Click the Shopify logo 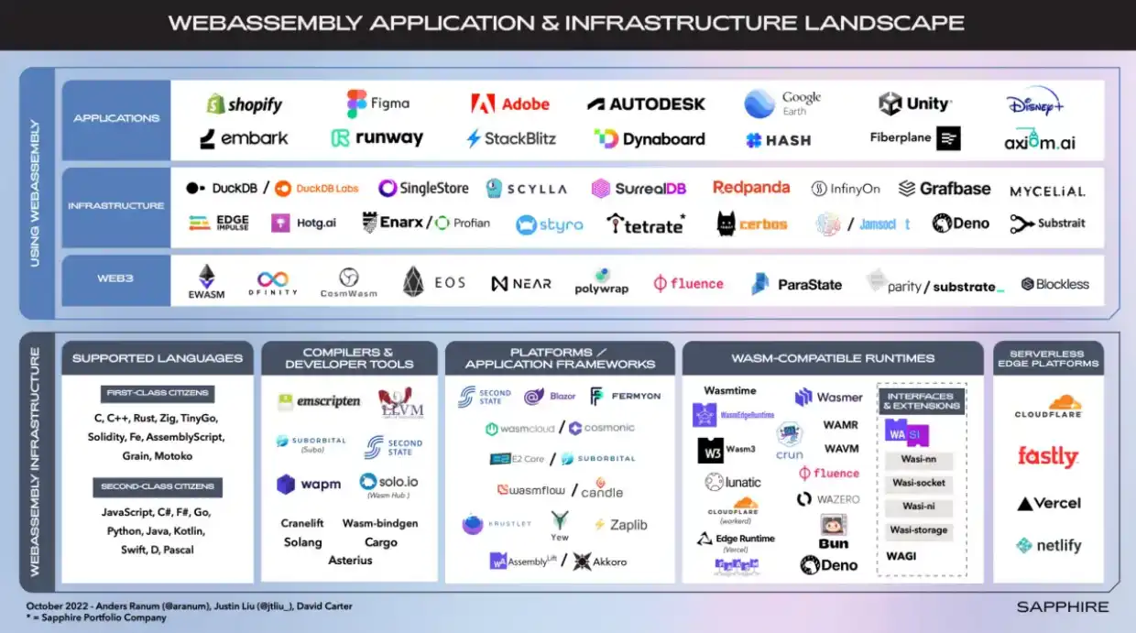(244, 104)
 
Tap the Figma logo (377, 104)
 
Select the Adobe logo (510, 104)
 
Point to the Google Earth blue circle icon (759, 104)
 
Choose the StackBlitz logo (511, 139)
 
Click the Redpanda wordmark (751, 188)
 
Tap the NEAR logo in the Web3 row (521, 284)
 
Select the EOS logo (434, 283)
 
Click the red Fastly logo (1048, 456)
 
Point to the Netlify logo (1048, 546)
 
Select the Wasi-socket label (919, 483)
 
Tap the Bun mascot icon (834, 525)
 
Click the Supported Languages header (158, 358)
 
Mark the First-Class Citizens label (158, 393)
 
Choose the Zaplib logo (621, 525)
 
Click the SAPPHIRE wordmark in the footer (1063, 606)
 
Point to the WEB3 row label (116, 278)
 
